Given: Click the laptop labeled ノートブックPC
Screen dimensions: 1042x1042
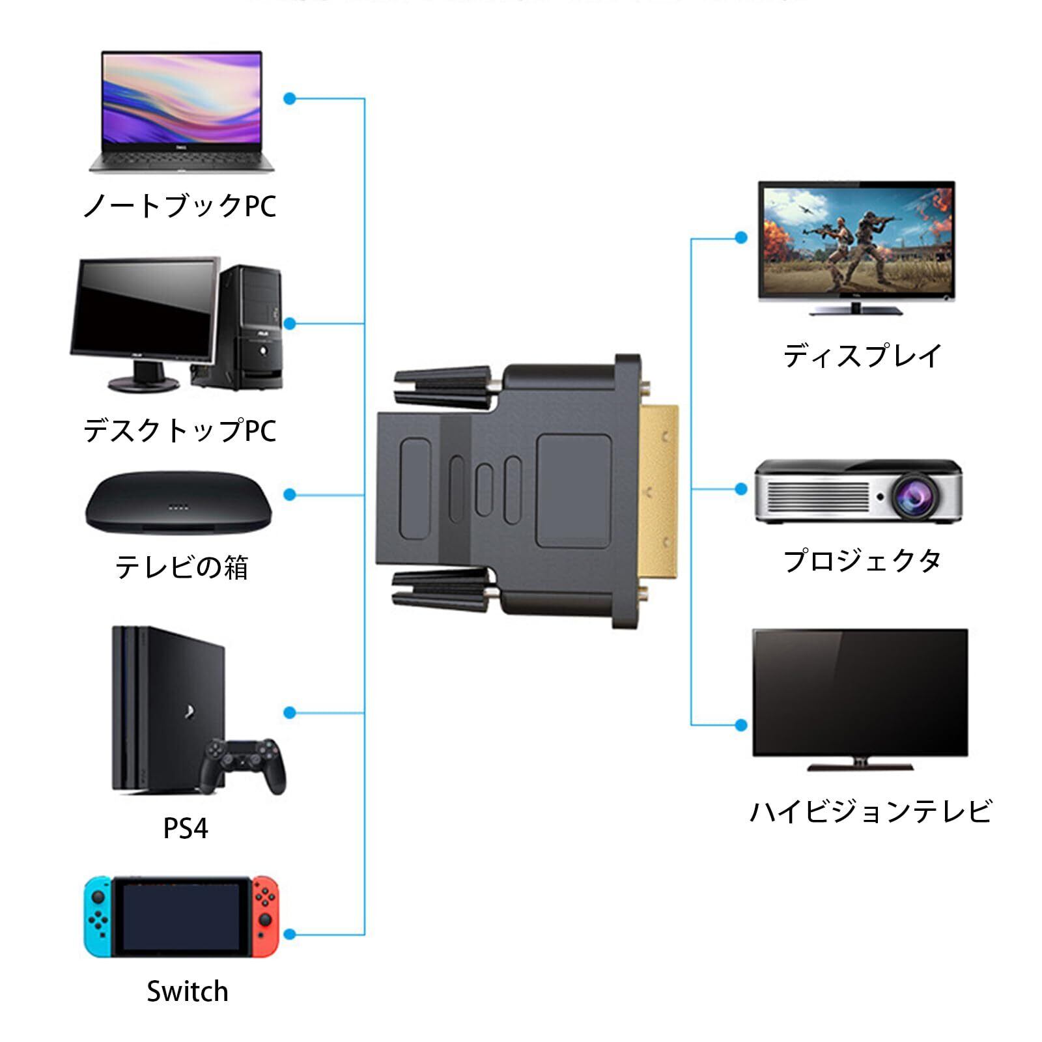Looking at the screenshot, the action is tap(182, 111).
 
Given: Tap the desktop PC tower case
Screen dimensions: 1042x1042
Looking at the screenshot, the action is tap(251, 326).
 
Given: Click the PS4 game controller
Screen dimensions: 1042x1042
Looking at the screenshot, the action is tap(243, 765).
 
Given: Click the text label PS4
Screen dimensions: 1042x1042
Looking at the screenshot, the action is tap(186, 828).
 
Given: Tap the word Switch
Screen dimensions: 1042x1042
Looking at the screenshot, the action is tap(188, 991).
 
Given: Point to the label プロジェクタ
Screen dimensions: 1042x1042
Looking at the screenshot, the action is tap(862, 561).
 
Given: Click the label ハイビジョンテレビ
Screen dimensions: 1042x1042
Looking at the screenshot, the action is tap(870, 811).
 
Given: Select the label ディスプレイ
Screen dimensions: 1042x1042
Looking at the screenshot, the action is tap(862, 356).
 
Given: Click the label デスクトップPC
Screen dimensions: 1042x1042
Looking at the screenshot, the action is tap(180, 430).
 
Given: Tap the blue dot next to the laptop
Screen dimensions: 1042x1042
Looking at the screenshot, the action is tap(290, 99).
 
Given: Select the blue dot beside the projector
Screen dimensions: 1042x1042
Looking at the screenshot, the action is tap(740, 488).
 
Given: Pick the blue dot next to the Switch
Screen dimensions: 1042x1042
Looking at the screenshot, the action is tap(290, 935).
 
